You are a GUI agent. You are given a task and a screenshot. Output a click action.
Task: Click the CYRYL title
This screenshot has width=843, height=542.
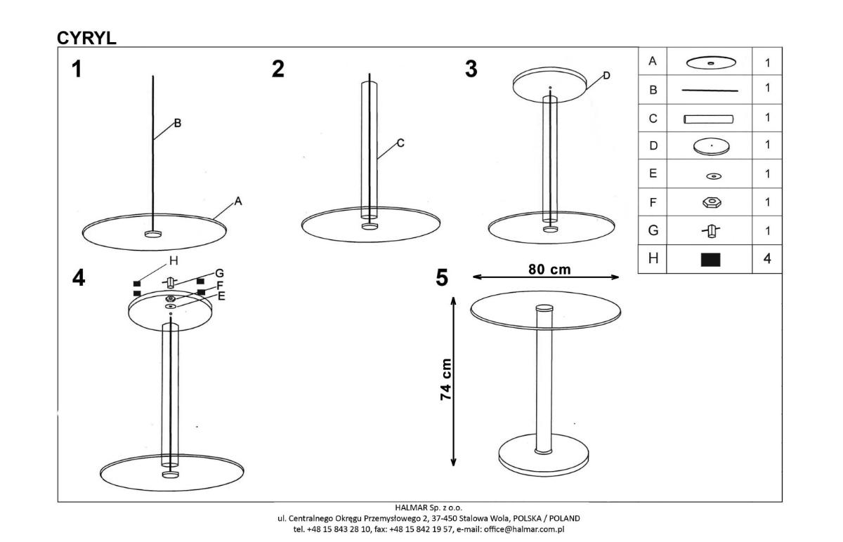(x=86, y=38)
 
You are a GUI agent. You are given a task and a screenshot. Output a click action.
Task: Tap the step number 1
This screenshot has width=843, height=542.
(x=77, y=70)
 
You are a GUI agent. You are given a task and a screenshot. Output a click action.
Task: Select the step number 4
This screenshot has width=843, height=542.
(x=78, y=278)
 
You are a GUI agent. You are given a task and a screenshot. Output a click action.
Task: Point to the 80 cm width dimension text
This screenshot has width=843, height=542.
(x=549, y=270)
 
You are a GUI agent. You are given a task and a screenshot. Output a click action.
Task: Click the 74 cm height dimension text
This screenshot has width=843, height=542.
(x=446, y=379)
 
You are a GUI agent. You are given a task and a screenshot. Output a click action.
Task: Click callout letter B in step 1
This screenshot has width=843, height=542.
(x=178, y=123)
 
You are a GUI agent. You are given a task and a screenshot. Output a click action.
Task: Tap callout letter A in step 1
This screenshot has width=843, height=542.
(x=238, y=201)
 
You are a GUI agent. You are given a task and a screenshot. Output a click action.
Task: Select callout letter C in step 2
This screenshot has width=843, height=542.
(x=400, y=143)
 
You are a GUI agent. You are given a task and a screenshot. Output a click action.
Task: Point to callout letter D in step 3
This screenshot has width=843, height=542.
(x=606, y=76)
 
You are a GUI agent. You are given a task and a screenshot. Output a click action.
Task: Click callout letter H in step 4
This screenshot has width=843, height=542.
(x=174, y=260)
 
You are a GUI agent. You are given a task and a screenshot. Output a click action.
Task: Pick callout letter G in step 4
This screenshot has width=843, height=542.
(x=219, y=273)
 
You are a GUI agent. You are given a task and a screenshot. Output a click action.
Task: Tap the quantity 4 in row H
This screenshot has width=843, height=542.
(x=767, y=259)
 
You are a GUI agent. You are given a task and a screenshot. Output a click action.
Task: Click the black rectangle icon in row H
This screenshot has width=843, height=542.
(x=710, y=260)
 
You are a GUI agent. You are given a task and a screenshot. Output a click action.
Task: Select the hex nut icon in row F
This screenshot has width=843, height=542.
(x=712, y=202)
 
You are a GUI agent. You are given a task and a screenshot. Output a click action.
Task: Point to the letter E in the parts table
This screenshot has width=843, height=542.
(x=653, y=173)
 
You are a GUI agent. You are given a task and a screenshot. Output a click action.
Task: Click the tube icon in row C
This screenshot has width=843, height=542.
(x=709, y=119)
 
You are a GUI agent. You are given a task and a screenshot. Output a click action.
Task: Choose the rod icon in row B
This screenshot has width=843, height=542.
(x=710, y=91)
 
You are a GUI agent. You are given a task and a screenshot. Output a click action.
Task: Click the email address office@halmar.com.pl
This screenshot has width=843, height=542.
(x=524, y=529)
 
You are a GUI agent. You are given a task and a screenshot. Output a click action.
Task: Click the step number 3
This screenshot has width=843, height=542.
(x=471, y=70)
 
